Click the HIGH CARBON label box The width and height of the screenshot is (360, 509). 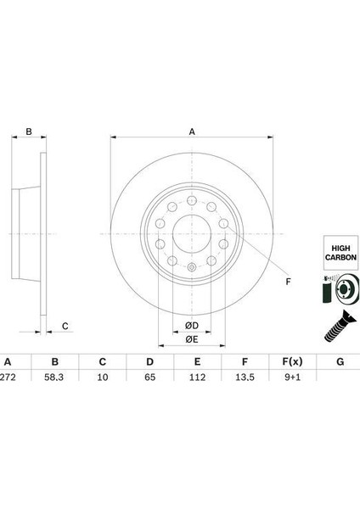(x=340, y=253)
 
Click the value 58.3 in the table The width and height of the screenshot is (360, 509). (x=54, y=377)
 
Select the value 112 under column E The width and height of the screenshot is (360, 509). (x=197, y=377)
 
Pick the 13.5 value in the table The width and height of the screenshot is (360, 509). (x=245, y=377)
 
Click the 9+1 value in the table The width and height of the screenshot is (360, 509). (x=292, y=377)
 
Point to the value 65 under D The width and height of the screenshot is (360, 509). (x=149, y=377)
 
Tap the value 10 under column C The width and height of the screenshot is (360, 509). (x=103, y=377)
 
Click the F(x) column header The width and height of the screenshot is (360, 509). (x=292, y=361)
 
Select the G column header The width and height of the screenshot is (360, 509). (x=340, y=361)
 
